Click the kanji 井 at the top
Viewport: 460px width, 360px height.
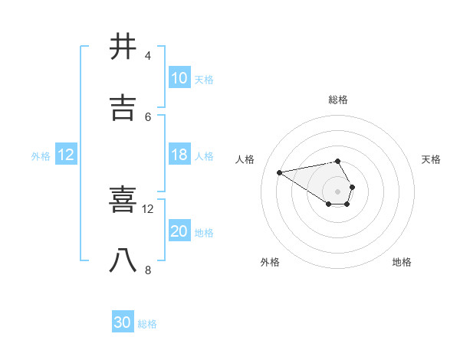coord(123,47)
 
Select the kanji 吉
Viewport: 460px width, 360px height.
coord(123,108)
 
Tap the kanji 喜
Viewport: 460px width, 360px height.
coord(123,201)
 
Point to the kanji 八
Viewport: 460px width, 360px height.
coord(123,260)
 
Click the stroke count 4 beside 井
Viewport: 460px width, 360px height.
coord(147,56)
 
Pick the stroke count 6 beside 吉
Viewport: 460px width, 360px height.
coord(147,116)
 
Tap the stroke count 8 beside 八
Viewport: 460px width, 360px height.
coord(147,270)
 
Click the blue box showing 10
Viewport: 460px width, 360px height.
coord(179,78)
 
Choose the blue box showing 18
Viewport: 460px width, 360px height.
coord(179,155)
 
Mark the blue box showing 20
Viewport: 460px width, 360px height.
coord(179,231)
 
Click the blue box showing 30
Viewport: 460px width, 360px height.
coord(123,322)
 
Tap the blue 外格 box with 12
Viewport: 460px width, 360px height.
coord(66,155)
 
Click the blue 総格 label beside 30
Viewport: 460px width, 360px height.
coord(147,324)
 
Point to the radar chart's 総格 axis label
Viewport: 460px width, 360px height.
coord(338,100)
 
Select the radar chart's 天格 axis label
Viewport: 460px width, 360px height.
coord(432,159)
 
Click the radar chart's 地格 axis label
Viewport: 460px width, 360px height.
coord(402,262)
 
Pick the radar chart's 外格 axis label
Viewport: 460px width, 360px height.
coord(270,262)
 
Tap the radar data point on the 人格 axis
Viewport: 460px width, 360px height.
coord(279,172)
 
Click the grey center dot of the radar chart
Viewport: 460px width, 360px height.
coord(337,191)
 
